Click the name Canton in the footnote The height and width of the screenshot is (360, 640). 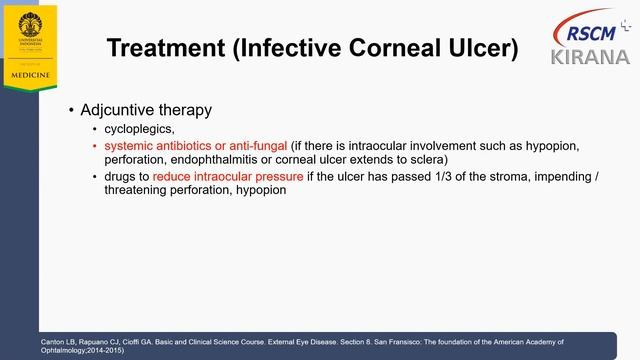52,340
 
